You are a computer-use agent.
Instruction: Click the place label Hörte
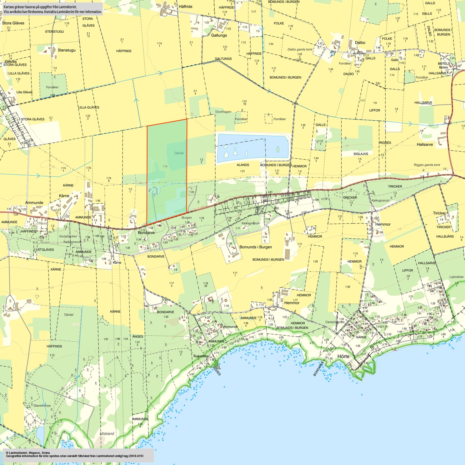coord(343,356)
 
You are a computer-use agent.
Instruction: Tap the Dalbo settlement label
coord(360,43)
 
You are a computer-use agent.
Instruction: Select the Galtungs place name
coord(219,35)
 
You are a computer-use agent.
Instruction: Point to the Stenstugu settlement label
coord(67,50)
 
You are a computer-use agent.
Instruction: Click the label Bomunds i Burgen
coord(256,247)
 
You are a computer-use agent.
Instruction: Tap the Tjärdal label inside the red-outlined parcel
coord(179,153)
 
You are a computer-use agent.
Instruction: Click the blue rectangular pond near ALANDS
coord(252,148)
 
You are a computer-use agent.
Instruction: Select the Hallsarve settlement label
coord(425,144)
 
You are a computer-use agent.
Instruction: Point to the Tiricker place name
coord(439,213)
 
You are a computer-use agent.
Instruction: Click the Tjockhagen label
coord(223,112)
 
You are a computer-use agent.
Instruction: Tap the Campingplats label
coord(335,322)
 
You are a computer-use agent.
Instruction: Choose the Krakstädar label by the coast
coord(201,356)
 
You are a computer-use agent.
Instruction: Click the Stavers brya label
coord(42,406)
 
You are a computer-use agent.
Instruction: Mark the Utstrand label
coord(107,433)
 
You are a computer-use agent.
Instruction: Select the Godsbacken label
coord(68,236)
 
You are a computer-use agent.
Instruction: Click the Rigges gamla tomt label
coord(427,165)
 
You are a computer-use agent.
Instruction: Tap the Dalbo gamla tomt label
coord(300,49)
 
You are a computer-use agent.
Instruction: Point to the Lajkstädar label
coord(457,277)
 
